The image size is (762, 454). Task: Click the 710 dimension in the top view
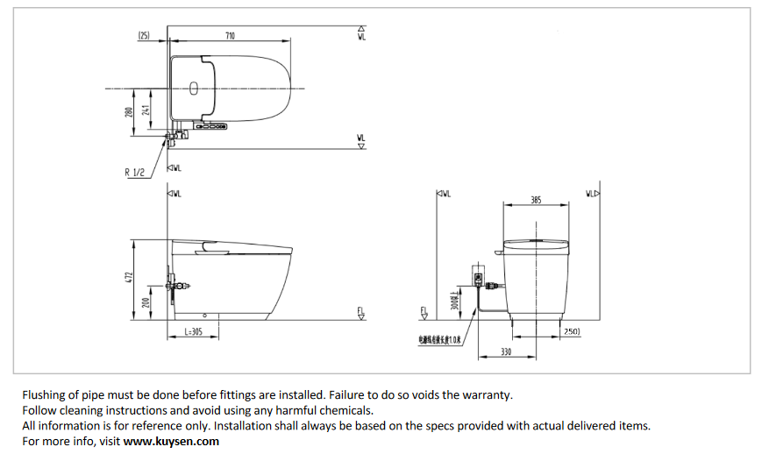[x=230, y=36]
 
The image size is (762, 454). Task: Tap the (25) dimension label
[x=145, y=36]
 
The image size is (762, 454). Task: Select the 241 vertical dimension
[x=146, y=110]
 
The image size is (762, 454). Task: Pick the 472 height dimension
[x=128, y=277]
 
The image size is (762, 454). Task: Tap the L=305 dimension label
[x=195, y=332]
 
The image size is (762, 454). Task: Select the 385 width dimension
[x=536, y=201]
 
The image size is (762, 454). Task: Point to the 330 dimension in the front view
[x=506, y=351]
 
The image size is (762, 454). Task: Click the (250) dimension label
[x=572, y=330]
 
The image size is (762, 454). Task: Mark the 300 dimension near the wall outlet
[x=453, y=301]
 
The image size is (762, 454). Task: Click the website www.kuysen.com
[x=171, y=442]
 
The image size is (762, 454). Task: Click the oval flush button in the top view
[x=194, y=87]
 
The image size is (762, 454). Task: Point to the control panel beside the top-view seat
[x=210, y=127]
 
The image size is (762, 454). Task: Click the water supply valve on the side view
[x=176, y=285]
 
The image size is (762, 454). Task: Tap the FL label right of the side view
[x=360, y=312]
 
